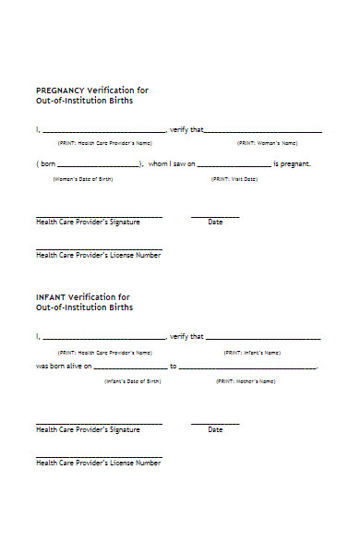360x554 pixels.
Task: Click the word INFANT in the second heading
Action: coord(50,297)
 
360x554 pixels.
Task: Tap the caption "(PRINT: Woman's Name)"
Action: coord(268,143)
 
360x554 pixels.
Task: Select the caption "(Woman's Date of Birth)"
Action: coord(83,178)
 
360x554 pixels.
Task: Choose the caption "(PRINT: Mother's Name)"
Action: coord(246,381)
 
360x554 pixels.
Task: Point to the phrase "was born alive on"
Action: coord(64,367)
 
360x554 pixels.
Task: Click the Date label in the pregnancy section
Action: coord(215,223)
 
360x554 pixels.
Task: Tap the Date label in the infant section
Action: coord(215,429)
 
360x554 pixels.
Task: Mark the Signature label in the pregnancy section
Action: coord(88,223)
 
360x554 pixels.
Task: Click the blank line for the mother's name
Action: coord(247,369)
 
